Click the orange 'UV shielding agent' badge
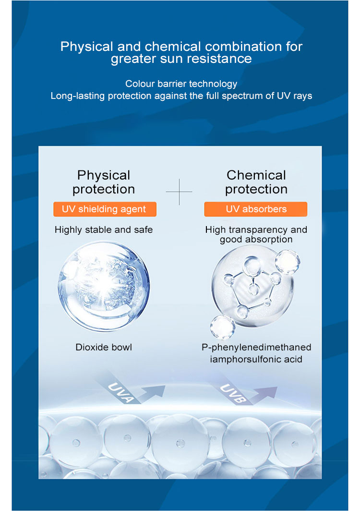[103, 209]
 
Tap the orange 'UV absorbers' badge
[256, 209]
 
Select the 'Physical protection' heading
[104, 182]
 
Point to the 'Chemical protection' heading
[256, 182]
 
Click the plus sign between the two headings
[179, 192]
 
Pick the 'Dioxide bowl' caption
[104, 347]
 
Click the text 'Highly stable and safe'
[104, 230]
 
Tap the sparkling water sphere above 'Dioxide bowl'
[104, 287]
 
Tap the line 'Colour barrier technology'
[181, 84]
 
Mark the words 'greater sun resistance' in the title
[181, 59]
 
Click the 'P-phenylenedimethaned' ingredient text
[256, 347]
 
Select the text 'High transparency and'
[256, 229]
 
